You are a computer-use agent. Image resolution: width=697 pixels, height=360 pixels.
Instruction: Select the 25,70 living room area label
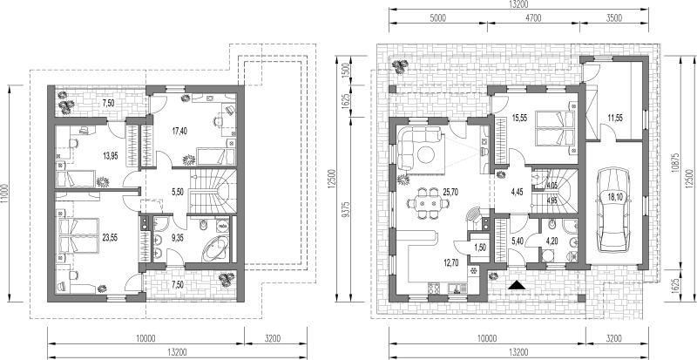[x=450, y=193]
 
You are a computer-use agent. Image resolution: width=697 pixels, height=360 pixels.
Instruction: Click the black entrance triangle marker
[x=516, y=285]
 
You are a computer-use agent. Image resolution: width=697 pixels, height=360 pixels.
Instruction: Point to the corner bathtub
[x=215, y=248]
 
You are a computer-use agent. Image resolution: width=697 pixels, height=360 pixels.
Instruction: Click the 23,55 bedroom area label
[x=111, y=238]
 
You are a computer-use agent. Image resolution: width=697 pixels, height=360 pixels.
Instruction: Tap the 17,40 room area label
[x=179, y=131]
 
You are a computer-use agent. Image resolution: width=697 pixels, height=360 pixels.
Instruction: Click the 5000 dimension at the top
[x=438, y=17]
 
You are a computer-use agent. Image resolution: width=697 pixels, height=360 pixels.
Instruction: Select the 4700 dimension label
[x=533, y=17]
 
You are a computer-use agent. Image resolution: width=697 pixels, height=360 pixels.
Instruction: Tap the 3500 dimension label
[x=614, y=17]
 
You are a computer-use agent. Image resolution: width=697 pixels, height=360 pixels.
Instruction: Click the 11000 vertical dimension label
[x=4, y=194]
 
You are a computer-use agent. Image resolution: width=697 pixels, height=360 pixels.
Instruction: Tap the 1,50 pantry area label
[x=481, y=248]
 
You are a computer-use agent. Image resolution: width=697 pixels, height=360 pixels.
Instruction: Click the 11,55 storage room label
[x=615, y=118]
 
